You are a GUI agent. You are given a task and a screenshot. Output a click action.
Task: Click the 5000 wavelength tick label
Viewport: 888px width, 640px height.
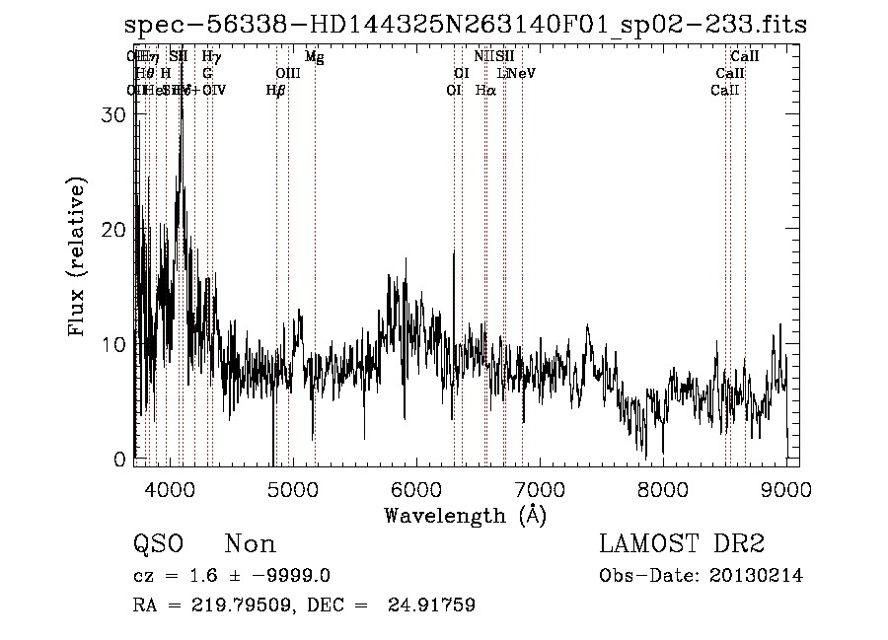tap(292, 489)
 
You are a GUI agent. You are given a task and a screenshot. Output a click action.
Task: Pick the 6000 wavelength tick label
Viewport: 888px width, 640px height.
tap(415, 489)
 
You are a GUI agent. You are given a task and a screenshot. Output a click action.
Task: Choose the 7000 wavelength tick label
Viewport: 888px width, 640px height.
tap(539, 489)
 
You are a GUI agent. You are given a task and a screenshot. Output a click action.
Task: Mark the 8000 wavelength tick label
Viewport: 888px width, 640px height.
tap(662, 489)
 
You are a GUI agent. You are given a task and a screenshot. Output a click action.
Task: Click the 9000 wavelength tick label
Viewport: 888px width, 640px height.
tap(785, 489)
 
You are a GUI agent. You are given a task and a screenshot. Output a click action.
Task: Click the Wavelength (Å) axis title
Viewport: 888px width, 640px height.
tap(465, 515)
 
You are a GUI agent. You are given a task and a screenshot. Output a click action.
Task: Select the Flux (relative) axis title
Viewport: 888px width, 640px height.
tap(79, 256)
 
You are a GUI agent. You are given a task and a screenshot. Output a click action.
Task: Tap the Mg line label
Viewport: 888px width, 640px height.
tap(315, 57)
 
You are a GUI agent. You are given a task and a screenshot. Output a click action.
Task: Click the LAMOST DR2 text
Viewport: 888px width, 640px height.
tap(682, 544)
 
